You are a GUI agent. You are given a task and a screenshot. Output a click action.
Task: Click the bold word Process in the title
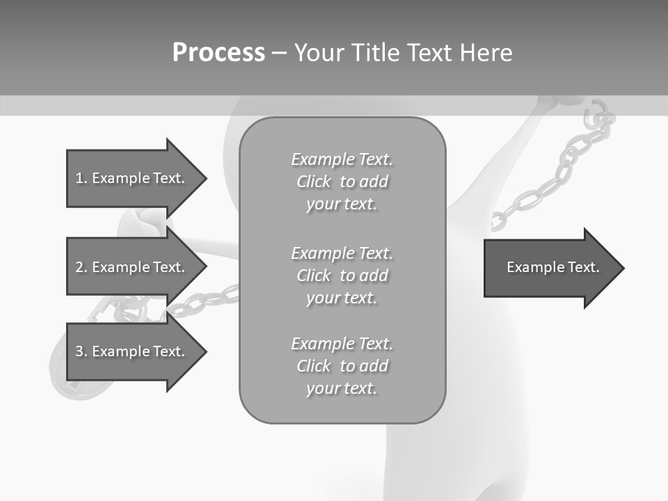pos(218,52)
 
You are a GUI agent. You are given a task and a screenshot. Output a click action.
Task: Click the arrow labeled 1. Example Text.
pos(132,178)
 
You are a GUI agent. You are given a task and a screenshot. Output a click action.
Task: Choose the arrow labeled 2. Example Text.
pos(132,267)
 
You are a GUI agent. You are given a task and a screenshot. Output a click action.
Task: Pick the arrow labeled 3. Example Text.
pos(132,351)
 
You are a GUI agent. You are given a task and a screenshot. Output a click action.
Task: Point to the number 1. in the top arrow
pos(81,178)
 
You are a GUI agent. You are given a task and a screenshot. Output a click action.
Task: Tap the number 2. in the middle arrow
pos(81,267)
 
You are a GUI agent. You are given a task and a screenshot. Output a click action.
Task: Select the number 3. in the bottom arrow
pos(81,351)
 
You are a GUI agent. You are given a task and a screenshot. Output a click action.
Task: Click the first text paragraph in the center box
pos(342,182)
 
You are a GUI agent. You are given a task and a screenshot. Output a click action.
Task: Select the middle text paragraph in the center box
pos(342,276)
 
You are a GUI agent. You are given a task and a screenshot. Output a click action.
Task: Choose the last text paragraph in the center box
pos(342,366)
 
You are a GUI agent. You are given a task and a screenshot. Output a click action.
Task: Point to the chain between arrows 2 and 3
pos(202,301)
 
